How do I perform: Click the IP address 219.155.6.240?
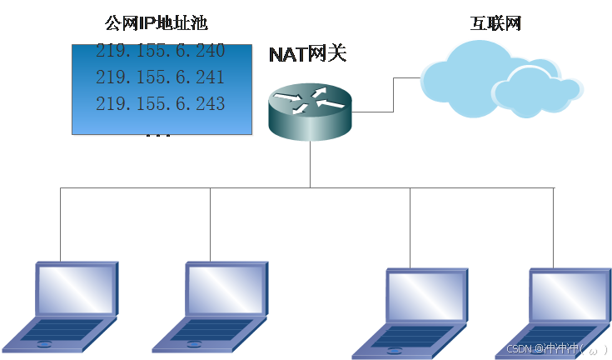(x=161, y=51)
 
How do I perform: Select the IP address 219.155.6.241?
(x=161, y=77)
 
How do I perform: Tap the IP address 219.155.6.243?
(x=161, y=104)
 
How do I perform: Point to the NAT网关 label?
(x=307, y=55)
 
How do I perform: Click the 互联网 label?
(x=496, y=22)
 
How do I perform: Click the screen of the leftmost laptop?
(x=76, y=289)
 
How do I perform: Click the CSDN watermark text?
(x=556, y=349)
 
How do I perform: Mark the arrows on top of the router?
(x=310, y=99)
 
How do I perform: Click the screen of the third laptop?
(x=425, y=294)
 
